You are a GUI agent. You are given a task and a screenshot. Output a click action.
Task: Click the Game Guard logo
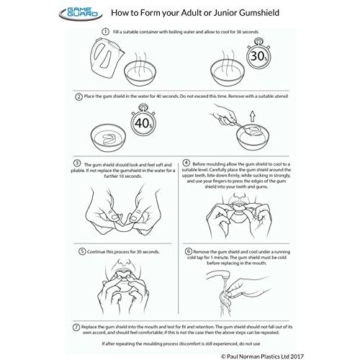coord(81,13)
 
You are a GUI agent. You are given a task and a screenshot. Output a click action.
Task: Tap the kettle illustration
coord(107,56)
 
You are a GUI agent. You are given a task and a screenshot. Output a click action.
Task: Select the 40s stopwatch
coord(143,122)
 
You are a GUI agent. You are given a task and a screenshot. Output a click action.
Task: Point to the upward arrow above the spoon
coord(252,116)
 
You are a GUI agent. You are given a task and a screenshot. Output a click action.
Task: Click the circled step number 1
coord(105,32)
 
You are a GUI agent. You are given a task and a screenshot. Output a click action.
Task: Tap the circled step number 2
coord(78,96)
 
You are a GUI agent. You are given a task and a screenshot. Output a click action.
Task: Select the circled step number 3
coord(77,163)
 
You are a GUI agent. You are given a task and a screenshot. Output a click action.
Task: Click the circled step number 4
coord(186,163)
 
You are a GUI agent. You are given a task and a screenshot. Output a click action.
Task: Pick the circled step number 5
coord(82,251)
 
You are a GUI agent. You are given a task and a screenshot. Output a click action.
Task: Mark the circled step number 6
coord(189,251)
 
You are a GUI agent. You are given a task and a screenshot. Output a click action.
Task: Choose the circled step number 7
coord(76,327)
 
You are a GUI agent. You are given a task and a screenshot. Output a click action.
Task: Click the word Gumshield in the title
coord(259,13)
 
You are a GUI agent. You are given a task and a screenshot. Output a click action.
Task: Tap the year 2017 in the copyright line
coord(297,356)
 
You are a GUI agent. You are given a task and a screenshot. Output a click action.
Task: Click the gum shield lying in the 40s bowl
coord(109,139)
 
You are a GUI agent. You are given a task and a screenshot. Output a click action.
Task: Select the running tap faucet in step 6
coord(218,276)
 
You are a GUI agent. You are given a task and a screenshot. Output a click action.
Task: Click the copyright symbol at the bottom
coord(223,356)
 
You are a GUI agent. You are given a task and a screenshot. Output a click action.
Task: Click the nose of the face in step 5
coord(123,264)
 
